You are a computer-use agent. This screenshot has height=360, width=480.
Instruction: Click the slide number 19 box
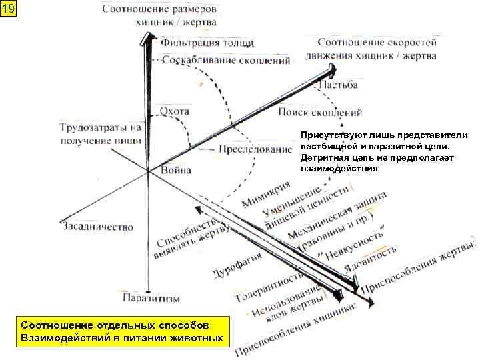click(8, 9)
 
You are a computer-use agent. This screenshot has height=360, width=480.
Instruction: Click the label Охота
click(174, 110)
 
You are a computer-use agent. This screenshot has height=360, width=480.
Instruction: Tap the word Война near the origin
click(176, 170)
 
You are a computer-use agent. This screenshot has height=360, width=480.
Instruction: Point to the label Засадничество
click(97, 227)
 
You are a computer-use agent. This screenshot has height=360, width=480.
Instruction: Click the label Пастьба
click(339, 85)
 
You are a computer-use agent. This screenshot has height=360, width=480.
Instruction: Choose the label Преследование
click(255, 149)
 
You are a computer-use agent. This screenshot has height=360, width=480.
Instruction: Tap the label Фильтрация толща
click(207, 43)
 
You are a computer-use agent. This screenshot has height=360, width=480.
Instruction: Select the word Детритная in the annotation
click(323, 157)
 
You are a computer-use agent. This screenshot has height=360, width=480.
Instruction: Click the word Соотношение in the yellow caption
click(57, 325)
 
